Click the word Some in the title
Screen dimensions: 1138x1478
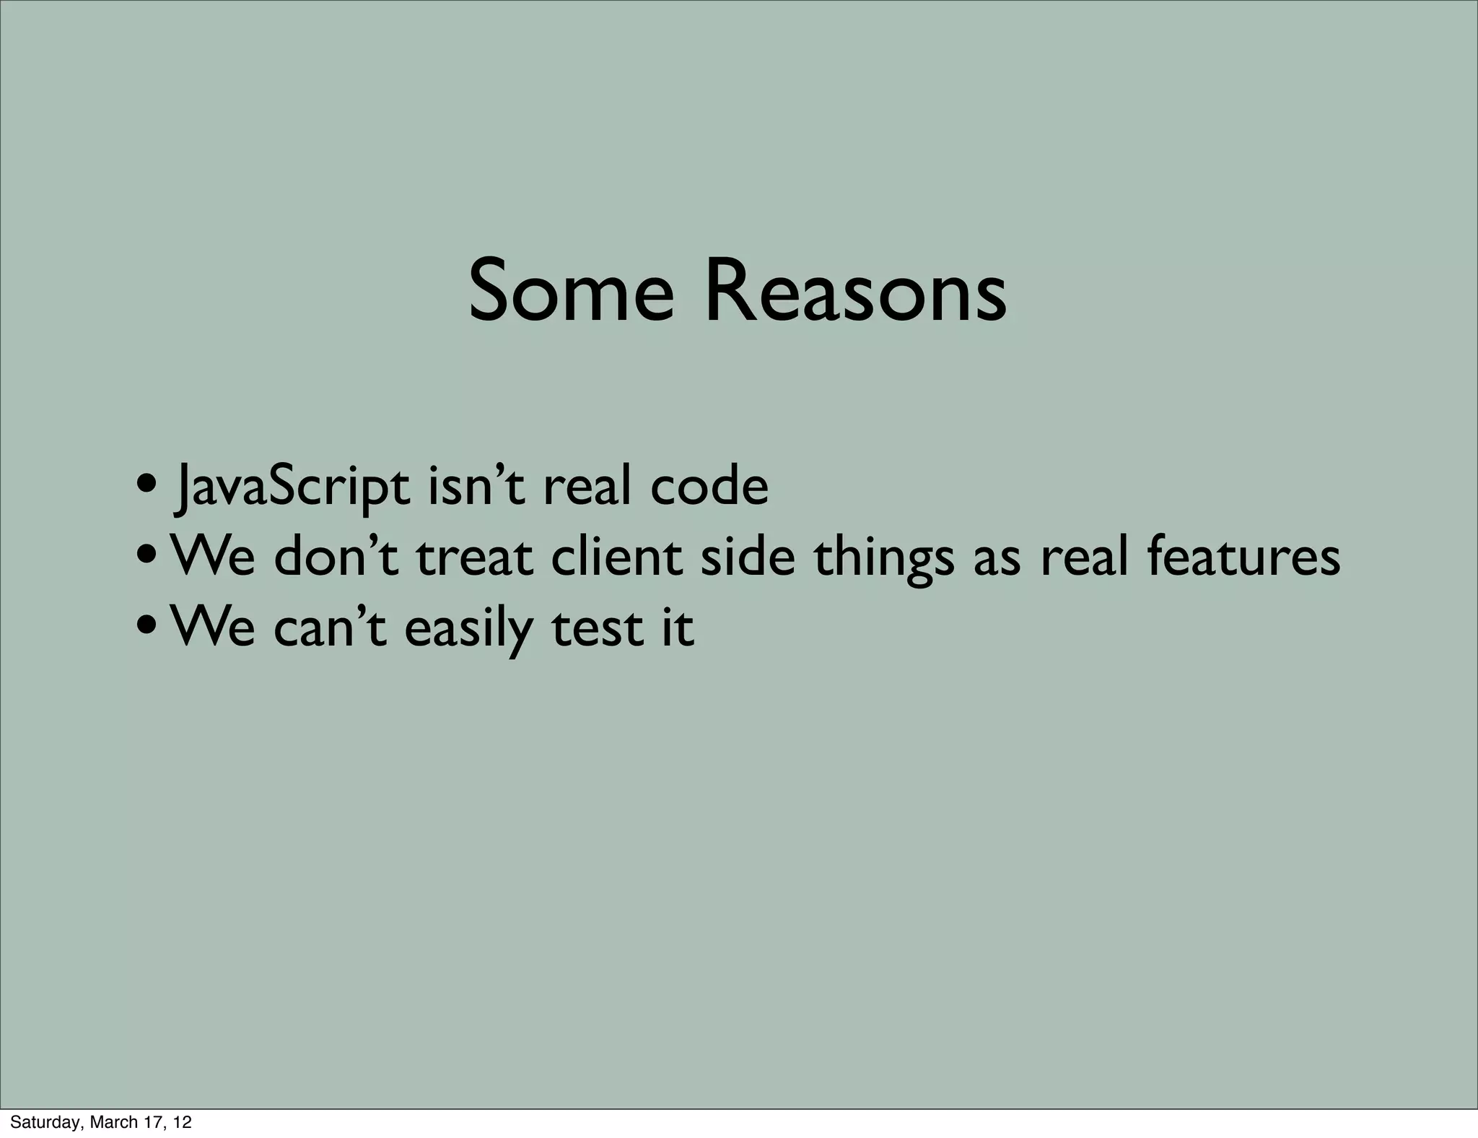[x=571, y=292]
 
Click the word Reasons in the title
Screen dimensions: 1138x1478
[x=855, y=292]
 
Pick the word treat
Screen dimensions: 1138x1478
[x=474, y=557]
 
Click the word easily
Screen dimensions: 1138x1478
[x=469, y=628]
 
